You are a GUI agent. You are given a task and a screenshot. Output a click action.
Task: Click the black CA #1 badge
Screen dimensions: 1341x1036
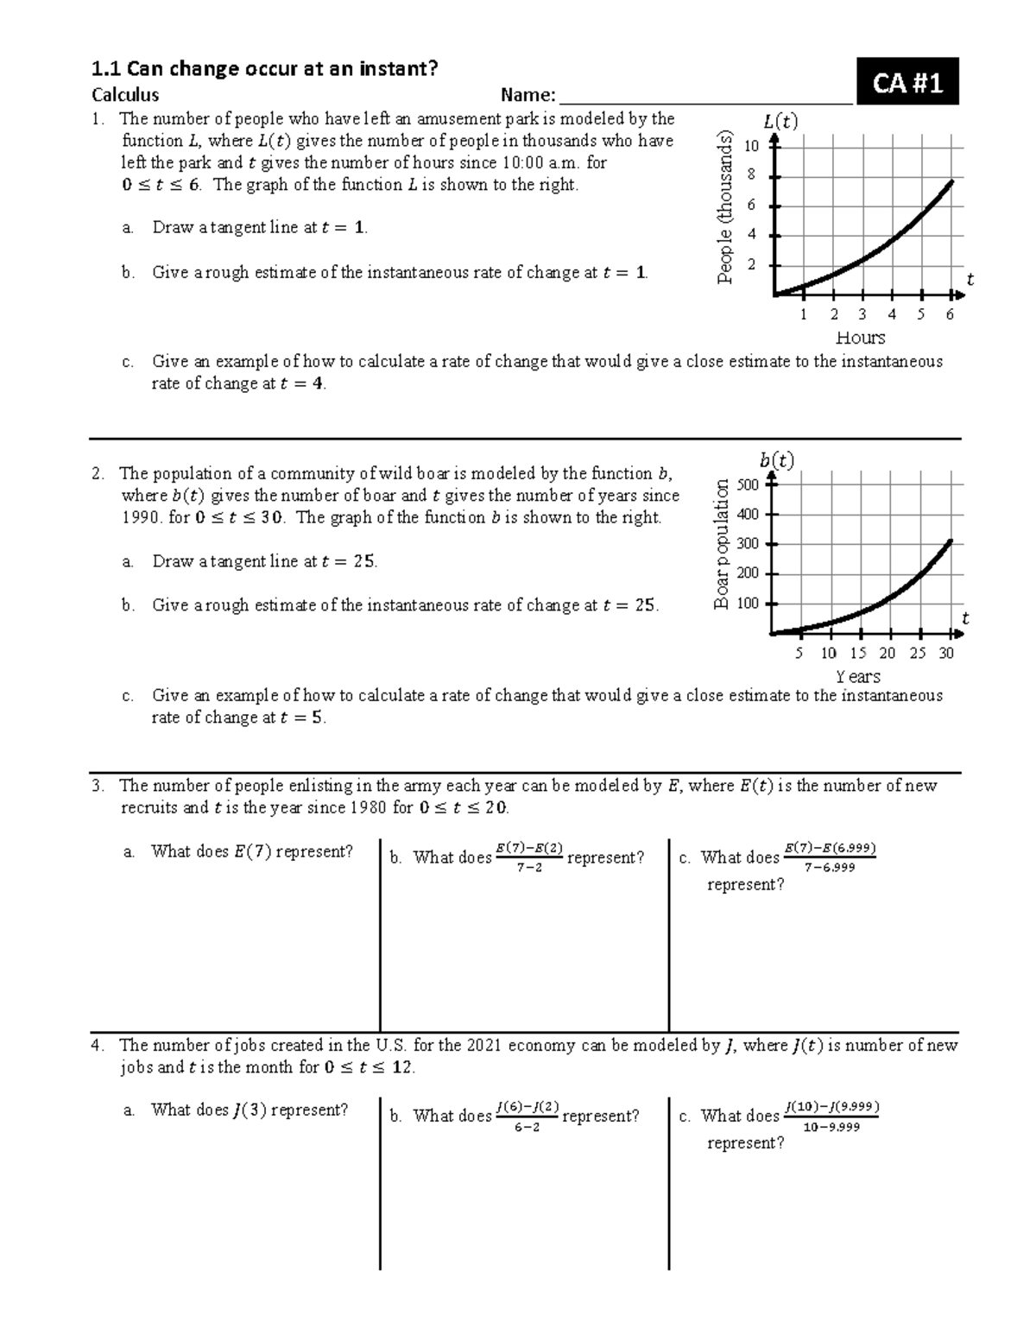point(906,83)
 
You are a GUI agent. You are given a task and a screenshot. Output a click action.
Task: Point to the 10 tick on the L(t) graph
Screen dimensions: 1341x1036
point(751,146)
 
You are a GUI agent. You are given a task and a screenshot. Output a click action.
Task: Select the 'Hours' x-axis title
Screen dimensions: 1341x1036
point(861,338)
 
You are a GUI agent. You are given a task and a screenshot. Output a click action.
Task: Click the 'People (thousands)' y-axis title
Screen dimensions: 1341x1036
point(726,206)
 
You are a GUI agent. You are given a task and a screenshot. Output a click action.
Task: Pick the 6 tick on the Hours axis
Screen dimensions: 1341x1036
point(950,314)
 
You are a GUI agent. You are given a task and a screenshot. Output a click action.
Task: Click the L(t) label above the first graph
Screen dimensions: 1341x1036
point(780,122)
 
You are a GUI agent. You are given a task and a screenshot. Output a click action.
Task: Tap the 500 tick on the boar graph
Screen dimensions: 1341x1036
point(748,484)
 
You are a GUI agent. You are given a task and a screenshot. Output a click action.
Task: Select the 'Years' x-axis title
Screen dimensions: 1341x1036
point(858,677)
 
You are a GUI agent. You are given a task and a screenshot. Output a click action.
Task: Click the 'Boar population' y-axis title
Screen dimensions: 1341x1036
point(722,544)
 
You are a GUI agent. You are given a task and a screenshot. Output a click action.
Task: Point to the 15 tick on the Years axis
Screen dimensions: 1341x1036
point(858,654)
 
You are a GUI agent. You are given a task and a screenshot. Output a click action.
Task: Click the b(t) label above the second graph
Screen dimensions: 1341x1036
point(777,460)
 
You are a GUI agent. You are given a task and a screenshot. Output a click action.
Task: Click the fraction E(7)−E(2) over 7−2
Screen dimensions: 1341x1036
point(529,857)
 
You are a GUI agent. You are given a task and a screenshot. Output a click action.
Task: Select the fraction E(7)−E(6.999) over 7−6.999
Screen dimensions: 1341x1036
point(830,857)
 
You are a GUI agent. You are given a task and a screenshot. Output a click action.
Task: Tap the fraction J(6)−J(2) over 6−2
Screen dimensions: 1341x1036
point(527,1116)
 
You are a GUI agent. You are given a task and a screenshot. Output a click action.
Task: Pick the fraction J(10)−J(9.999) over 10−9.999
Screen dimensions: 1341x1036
point(831,1116)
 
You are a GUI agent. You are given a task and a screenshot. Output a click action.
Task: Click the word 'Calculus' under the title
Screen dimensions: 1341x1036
point(125,95)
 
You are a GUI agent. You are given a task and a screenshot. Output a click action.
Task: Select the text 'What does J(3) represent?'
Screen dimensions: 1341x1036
point(250,1110)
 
